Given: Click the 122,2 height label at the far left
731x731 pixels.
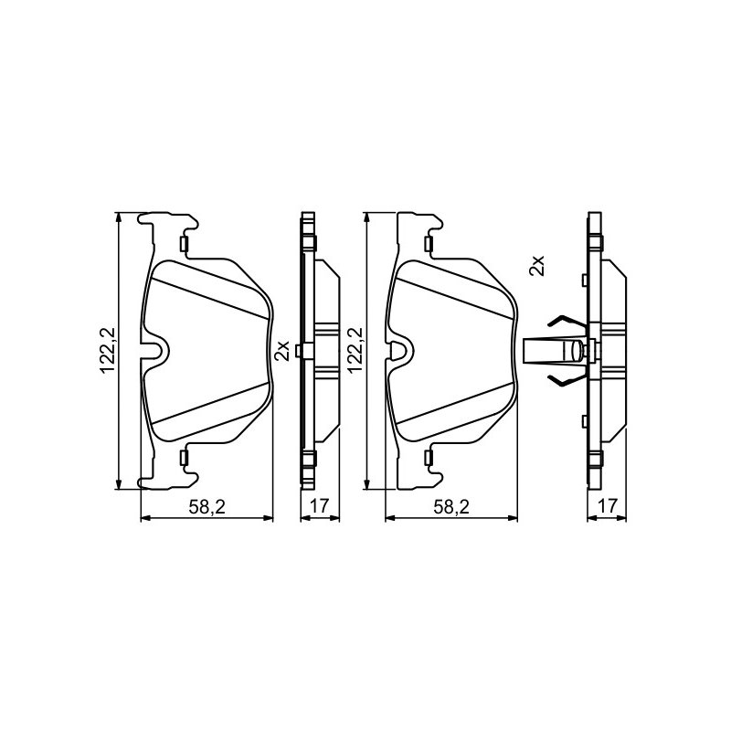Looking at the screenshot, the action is pyautogui.click(x=108, y=351).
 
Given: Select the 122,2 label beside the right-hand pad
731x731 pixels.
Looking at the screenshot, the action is pyautogui.click(x=355, y=350).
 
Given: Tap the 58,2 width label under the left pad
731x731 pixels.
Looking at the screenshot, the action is pyautogui.click(x=207, y=507).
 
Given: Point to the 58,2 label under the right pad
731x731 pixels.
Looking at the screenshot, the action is pyautogui.click(x=451, y=507).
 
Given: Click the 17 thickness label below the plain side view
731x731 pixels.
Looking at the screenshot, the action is pyautogui.click(x=320, y=505).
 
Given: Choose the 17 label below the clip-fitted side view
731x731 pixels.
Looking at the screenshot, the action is pyautogui.click(x=608, y=505).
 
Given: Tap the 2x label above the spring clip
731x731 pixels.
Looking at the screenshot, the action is pyautogui.click(x=536, y=265).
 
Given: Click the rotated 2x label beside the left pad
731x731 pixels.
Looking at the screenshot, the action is pyautogui.click(x=282, y=351).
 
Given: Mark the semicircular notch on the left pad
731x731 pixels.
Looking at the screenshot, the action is pyautogui.click(x=156, y=351).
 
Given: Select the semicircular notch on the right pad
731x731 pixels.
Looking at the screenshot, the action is pyautogui.click(x=400, y=351).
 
